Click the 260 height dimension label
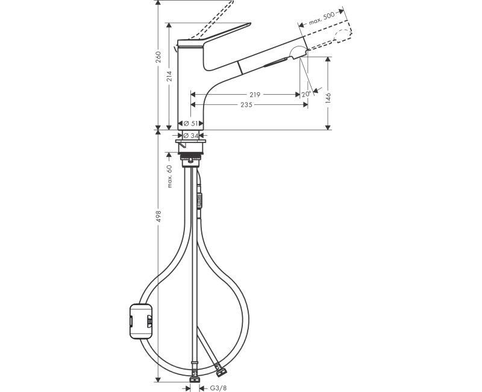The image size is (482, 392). tap(158, 57)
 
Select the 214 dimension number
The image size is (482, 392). tap(170, 76)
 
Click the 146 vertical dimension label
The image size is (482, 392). tap(328, 98)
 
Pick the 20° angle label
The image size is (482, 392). tap(306, 94)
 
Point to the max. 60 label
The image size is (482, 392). tap(170, 176)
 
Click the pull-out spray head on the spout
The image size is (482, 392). tap(271, 61)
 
